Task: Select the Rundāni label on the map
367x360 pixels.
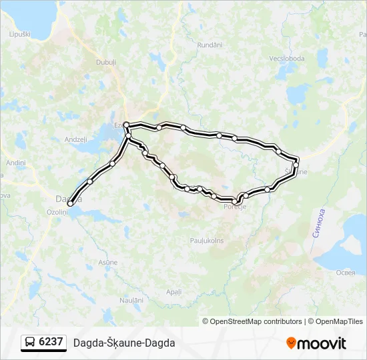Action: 210,45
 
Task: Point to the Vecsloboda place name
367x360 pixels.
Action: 287,59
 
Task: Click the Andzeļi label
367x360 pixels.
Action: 75,139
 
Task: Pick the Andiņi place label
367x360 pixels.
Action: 15,163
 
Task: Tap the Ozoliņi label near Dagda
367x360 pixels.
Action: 57,211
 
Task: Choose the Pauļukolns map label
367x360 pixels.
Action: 207,240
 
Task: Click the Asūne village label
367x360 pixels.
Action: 107,263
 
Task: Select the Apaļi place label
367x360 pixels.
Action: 173,292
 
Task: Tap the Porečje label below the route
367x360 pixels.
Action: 235,207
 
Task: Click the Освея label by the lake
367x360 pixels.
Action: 345,273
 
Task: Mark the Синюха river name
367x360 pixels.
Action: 319,223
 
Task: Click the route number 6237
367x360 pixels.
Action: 51,342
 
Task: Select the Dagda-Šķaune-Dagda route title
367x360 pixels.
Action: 124,343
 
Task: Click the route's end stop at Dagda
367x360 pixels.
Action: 70,203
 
